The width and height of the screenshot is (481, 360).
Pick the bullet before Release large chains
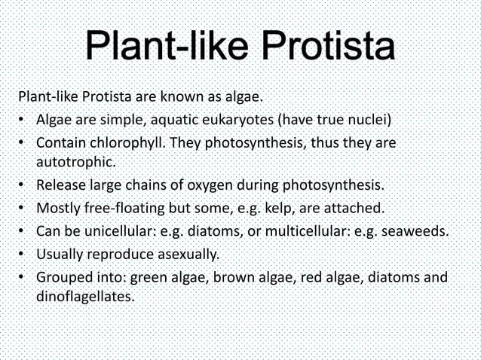click(x=23, y=184)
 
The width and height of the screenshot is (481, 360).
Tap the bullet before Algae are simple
click(x=23, y=120)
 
